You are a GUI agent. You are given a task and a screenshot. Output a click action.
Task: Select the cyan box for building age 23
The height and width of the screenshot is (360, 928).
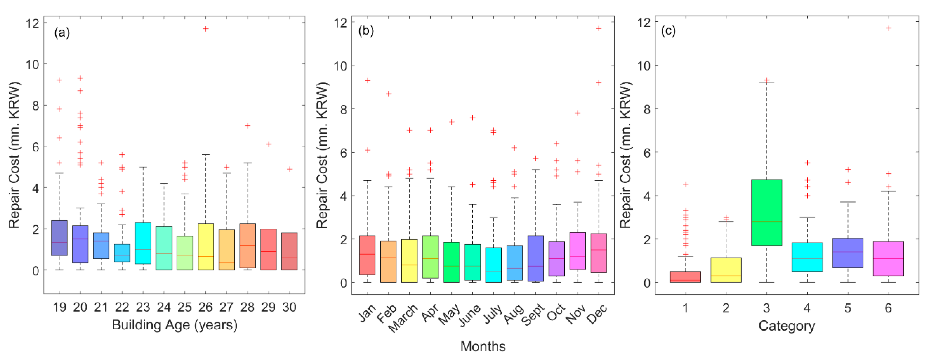143,243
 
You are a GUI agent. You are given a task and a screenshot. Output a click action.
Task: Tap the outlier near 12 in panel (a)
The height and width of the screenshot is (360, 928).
206,29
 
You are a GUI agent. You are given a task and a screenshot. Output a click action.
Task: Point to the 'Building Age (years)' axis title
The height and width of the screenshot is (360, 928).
175,325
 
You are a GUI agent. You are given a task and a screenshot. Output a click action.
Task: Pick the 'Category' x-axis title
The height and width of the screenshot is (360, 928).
787,326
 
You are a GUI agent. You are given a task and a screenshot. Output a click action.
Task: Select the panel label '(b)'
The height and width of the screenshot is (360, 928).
366,31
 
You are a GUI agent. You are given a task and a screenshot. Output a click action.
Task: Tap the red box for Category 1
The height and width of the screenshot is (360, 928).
685,277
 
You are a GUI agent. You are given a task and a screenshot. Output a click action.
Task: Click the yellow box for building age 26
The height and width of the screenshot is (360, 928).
206,246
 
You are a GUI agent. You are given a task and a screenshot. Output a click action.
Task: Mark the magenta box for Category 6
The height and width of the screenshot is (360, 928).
888,258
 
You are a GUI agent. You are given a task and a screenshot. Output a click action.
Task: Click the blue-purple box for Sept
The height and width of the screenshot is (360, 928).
536,258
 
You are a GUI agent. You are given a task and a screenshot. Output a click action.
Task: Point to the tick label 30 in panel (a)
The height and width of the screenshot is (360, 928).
289,307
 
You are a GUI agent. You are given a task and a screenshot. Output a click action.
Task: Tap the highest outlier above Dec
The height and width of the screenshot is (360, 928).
598,29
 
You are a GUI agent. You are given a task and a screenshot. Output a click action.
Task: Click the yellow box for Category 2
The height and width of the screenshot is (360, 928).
726,270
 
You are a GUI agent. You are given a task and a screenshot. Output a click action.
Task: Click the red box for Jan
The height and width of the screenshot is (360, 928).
367,255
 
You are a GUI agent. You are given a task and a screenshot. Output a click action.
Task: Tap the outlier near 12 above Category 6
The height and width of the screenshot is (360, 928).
888,28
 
